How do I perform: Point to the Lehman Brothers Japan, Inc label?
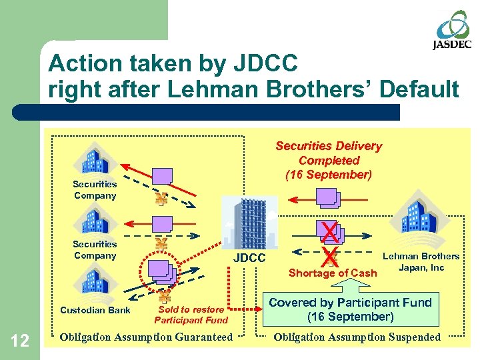click(x=420, y=261)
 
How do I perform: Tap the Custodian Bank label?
click(x=95, y=309)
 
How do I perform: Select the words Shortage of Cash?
click(x=333, y=273)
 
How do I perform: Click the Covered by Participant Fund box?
click(x=350, y=309)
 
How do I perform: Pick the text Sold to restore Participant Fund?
click(x=191, y=315)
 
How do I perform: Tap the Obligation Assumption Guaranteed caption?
click(x=146, y=337)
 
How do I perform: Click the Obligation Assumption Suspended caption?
click(x=357, y=337)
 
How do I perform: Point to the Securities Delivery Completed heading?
click(x=329, y=160)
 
